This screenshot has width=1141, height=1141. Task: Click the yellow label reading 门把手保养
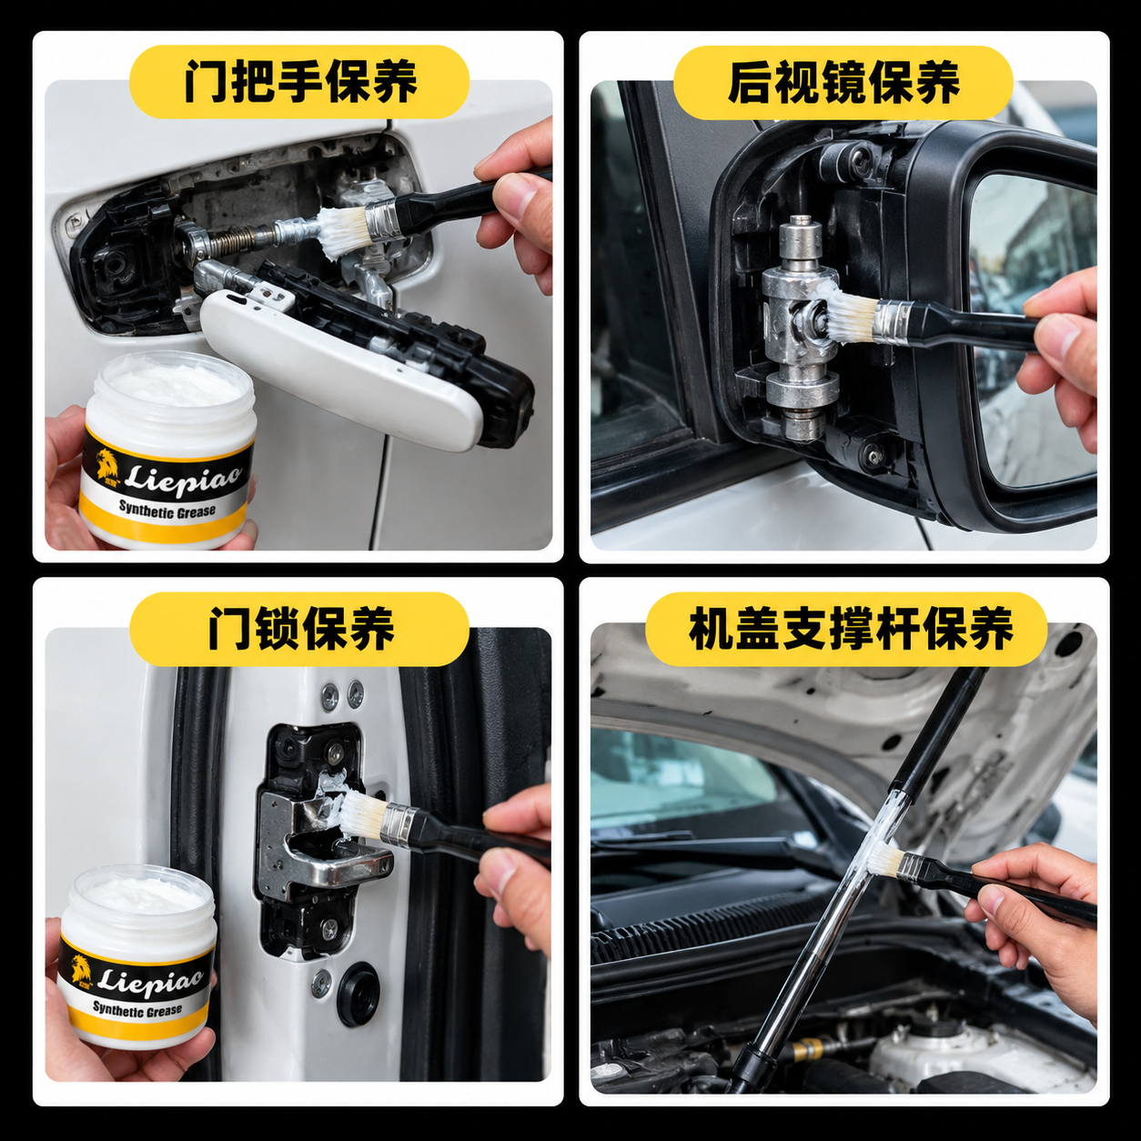pos(299,82)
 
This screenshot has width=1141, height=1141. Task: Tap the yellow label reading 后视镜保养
pos(843,82)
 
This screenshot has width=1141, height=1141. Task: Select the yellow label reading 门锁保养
pos(299,629)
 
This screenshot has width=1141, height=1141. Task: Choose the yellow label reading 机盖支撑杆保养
pos(846,629)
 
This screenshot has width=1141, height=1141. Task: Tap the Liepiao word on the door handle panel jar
pos(184,477)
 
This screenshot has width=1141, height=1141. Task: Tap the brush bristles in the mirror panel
pos(848,311)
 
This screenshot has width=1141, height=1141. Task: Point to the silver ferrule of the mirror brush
pos(893,321)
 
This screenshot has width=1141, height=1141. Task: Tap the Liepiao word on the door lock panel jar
pos(151,975)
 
